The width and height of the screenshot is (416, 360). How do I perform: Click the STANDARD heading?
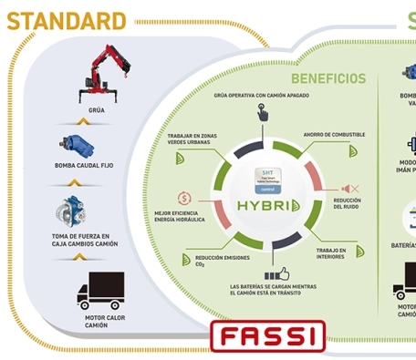pos(67,21)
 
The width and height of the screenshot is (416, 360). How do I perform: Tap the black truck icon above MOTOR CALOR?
pos(100,290)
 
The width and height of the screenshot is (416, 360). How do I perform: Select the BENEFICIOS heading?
pos(328,78)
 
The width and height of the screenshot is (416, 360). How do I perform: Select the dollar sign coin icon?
pos(184,198)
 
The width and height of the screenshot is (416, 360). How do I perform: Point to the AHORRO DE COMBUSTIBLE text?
pos(334,135)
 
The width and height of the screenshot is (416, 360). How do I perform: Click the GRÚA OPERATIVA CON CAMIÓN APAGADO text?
pos(261,95)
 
